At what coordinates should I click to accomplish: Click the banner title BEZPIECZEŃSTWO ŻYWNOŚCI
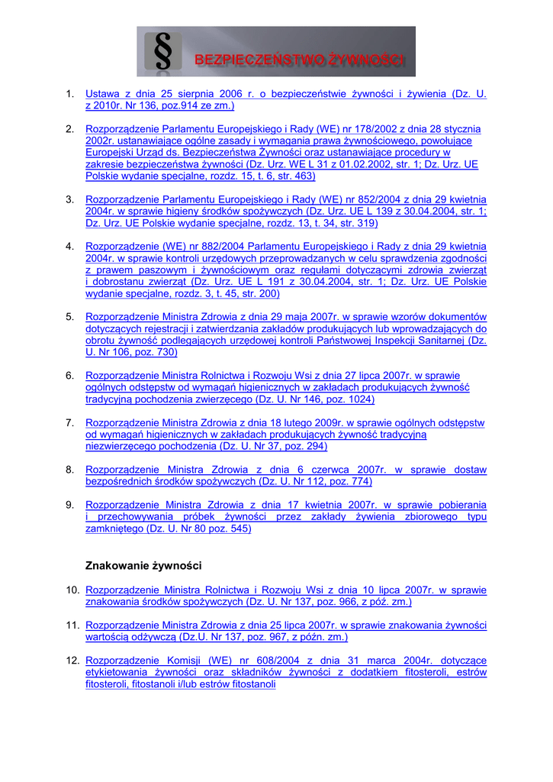[x=299, y=60]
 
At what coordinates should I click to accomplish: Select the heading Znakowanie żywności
[x=143, y=566]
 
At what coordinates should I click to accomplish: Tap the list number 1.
[x=69, y=94]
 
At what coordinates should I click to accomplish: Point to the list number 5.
[x=69, y=317]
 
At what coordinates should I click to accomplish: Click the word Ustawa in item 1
[x=103, y=94]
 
